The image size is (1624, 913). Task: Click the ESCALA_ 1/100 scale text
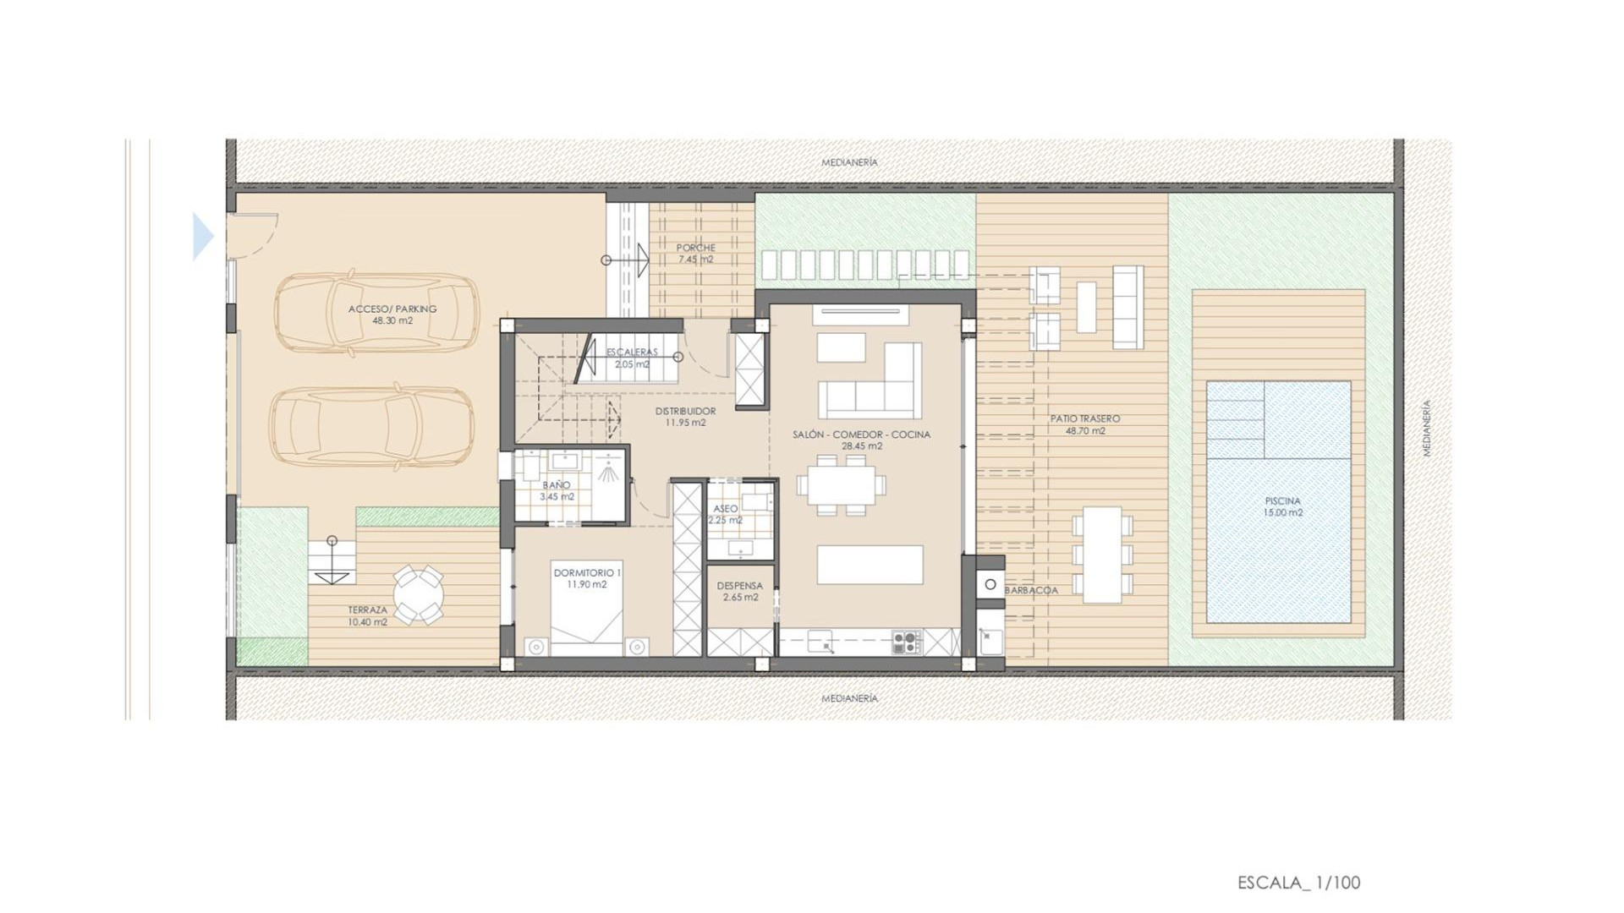(x=1298, y=883)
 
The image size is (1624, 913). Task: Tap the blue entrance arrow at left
(x=202, y=236)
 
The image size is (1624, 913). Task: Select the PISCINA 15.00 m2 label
(x=1282, y=506)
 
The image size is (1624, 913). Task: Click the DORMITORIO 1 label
(x=587, y=578)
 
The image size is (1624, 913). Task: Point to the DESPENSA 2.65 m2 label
(x=740, y=591)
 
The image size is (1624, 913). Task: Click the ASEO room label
(x=726, y=514)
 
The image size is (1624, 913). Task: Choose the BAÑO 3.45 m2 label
(x=557, y=490)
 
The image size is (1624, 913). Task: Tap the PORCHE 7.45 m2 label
(x=695, y=254)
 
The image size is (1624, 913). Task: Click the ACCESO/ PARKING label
(x=392, y=314)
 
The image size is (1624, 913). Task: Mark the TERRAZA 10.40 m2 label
(x=367, y=615)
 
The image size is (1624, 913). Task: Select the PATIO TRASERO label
(x=1085, y=424)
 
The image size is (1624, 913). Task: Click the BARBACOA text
(x=1031, y=590)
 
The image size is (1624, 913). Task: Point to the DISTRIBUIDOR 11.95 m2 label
(x=685, y=417)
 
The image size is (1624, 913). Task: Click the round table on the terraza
(x=418, y=594)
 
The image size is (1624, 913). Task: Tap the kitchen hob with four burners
(x=907, y=642)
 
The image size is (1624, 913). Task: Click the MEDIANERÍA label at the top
(x=849, y=162)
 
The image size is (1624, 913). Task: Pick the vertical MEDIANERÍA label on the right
(x=1427, y=429)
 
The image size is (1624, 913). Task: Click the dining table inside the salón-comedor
(x=842, y=485)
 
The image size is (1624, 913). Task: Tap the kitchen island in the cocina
(x=870, y=565)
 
